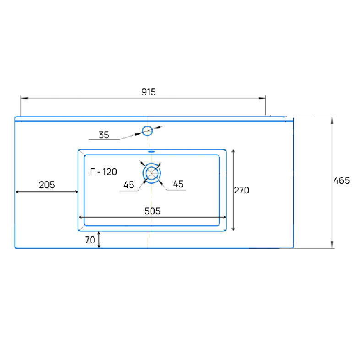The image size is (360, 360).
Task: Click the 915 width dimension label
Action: (148, 93)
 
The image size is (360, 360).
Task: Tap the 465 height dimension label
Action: (341, 180)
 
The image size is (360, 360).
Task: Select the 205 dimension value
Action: (47, 185)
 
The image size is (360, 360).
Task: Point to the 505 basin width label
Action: (153, 211)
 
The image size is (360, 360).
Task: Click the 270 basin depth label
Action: (241, 191)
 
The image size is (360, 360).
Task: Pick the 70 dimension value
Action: (90, 240)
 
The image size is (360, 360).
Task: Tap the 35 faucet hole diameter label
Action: (104, 135)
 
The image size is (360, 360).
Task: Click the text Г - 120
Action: (104, 172)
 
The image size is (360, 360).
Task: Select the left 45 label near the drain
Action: (129, 185)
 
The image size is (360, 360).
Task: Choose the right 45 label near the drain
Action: (178, 184)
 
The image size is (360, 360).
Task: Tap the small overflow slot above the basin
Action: (152, 152)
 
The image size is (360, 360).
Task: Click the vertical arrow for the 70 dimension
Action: (99, 240)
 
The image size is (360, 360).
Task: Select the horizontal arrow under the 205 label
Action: (47, 192)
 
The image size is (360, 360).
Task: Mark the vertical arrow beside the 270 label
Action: (233, 190)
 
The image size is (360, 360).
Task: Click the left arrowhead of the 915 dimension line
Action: (24, 98)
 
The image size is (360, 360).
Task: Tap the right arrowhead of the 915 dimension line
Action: (262, 98)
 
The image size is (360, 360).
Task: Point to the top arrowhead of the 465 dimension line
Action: (332, 120)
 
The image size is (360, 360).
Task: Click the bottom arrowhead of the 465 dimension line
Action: (332, 245)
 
